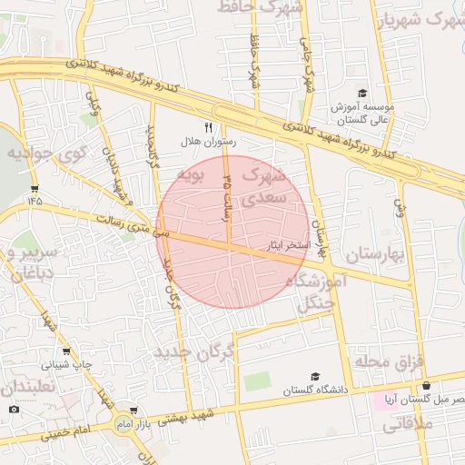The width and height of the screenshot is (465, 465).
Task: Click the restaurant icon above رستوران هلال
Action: pos(208,127)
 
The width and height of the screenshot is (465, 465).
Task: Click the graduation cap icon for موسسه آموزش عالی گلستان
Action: pos(361,94)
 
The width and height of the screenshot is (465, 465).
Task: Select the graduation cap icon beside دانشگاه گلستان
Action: pos(315,376)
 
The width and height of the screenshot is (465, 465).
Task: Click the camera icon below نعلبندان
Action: pos(13,409)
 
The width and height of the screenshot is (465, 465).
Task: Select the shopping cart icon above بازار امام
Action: pos(134,411)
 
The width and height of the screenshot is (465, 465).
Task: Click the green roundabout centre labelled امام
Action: pos(124,423)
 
